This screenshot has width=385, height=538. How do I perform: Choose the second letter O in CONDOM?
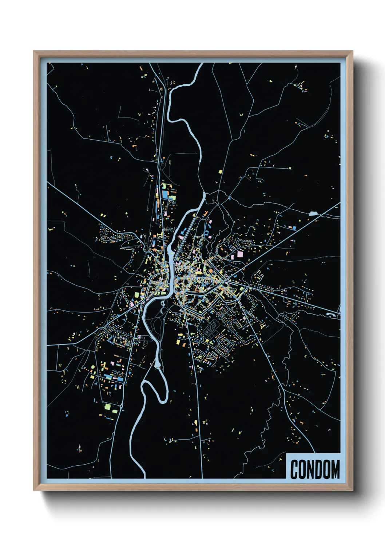[328, 469]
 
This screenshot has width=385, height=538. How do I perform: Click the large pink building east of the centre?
[240, 254]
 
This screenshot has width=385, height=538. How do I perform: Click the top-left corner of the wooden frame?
[34, 51]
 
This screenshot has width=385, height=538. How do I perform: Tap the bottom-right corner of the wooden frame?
[352, 490]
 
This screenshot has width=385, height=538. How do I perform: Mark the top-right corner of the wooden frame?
[352, 51]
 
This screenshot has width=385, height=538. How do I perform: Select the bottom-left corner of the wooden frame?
[34, 490]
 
